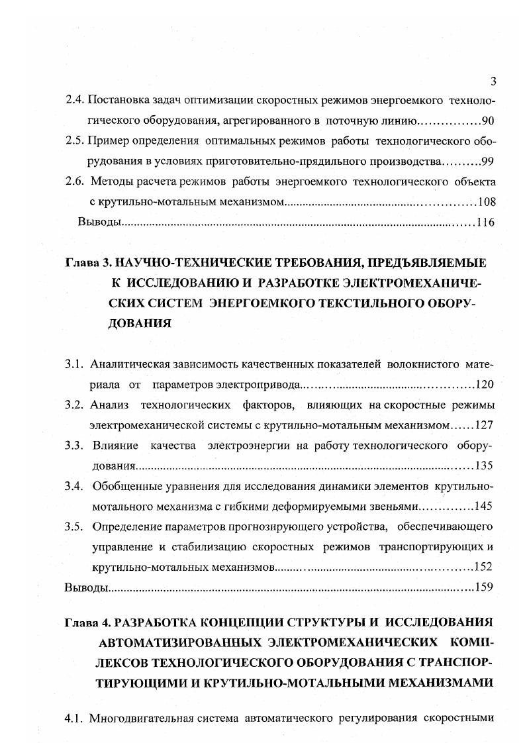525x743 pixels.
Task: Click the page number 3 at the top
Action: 493,82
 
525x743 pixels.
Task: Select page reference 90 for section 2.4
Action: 487,121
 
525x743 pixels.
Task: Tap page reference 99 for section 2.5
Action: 487,162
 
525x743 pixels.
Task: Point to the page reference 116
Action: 485,223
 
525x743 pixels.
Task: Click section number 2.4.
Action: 74,101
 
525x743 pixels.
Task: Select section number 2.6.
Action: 74,182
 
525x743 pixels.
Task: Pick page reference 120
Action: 485,385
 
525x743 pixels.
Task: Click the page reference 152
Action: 485,568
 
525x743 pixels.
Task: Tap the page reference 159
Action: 485,588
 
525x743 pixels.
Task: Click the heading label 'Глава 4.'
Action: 87,622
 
